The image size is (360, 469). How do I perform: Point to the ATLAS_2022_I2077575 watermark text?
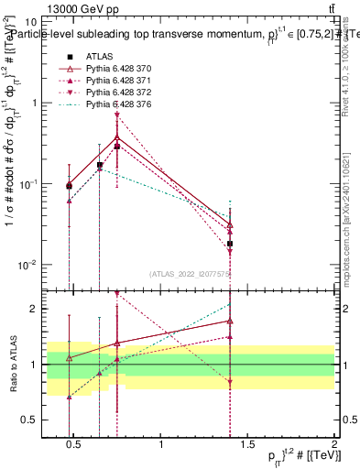[191, 273]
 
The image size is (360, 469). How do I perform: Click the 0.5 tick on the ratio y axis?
[27, 420]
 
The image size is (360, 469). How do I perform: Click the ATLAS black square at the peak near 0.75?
[116, 146]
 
